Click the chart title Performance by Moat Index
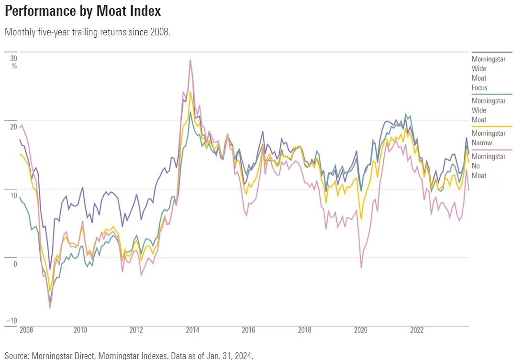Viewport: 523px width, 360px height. point(83,11)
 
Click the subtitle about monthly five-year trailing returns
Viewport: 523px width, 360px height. point(87,32)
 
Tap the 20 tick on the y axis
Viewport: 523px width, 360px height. point(13,127)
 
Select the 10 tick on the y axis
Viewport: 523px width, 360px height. point(13,196)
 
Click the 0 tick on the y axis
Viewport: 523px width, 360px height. point(15,264)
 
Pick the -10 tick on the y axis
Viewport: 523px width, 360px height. point(12,320)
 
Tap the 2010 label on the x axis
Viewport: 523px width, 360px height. point(80,330)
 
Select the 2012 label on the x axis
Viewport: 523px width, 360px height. point(136,330)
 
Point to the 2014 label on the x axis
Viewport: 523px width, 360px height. point(192,330)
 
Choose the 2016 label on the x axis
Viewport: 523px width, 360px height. point(248,330)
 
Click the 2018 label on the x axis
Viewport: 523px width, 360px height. point(305,330)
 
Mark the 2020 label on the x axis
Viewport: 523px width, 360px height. point(361,330)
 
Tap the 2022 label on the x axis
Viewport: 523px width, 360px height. point(417,330)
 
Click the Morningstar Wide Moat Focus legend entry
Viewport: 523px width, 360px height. point(488,73)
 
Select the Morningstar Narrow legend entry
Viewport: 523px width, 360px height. point(488,138)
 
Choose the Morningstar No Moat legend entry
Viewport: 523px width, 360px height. point(488,166)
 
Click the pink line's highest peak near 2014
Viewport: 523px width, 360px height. point(190,60)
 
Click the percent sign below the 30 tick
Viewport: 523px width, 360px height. point(14,66)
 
